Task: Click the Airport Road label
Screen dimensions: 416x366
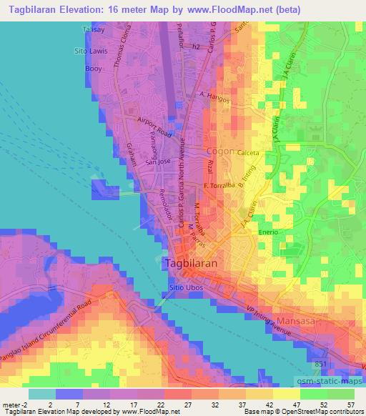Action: pos(156,129)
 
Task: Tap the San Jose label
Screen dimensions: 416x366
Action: pos(157,162)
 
